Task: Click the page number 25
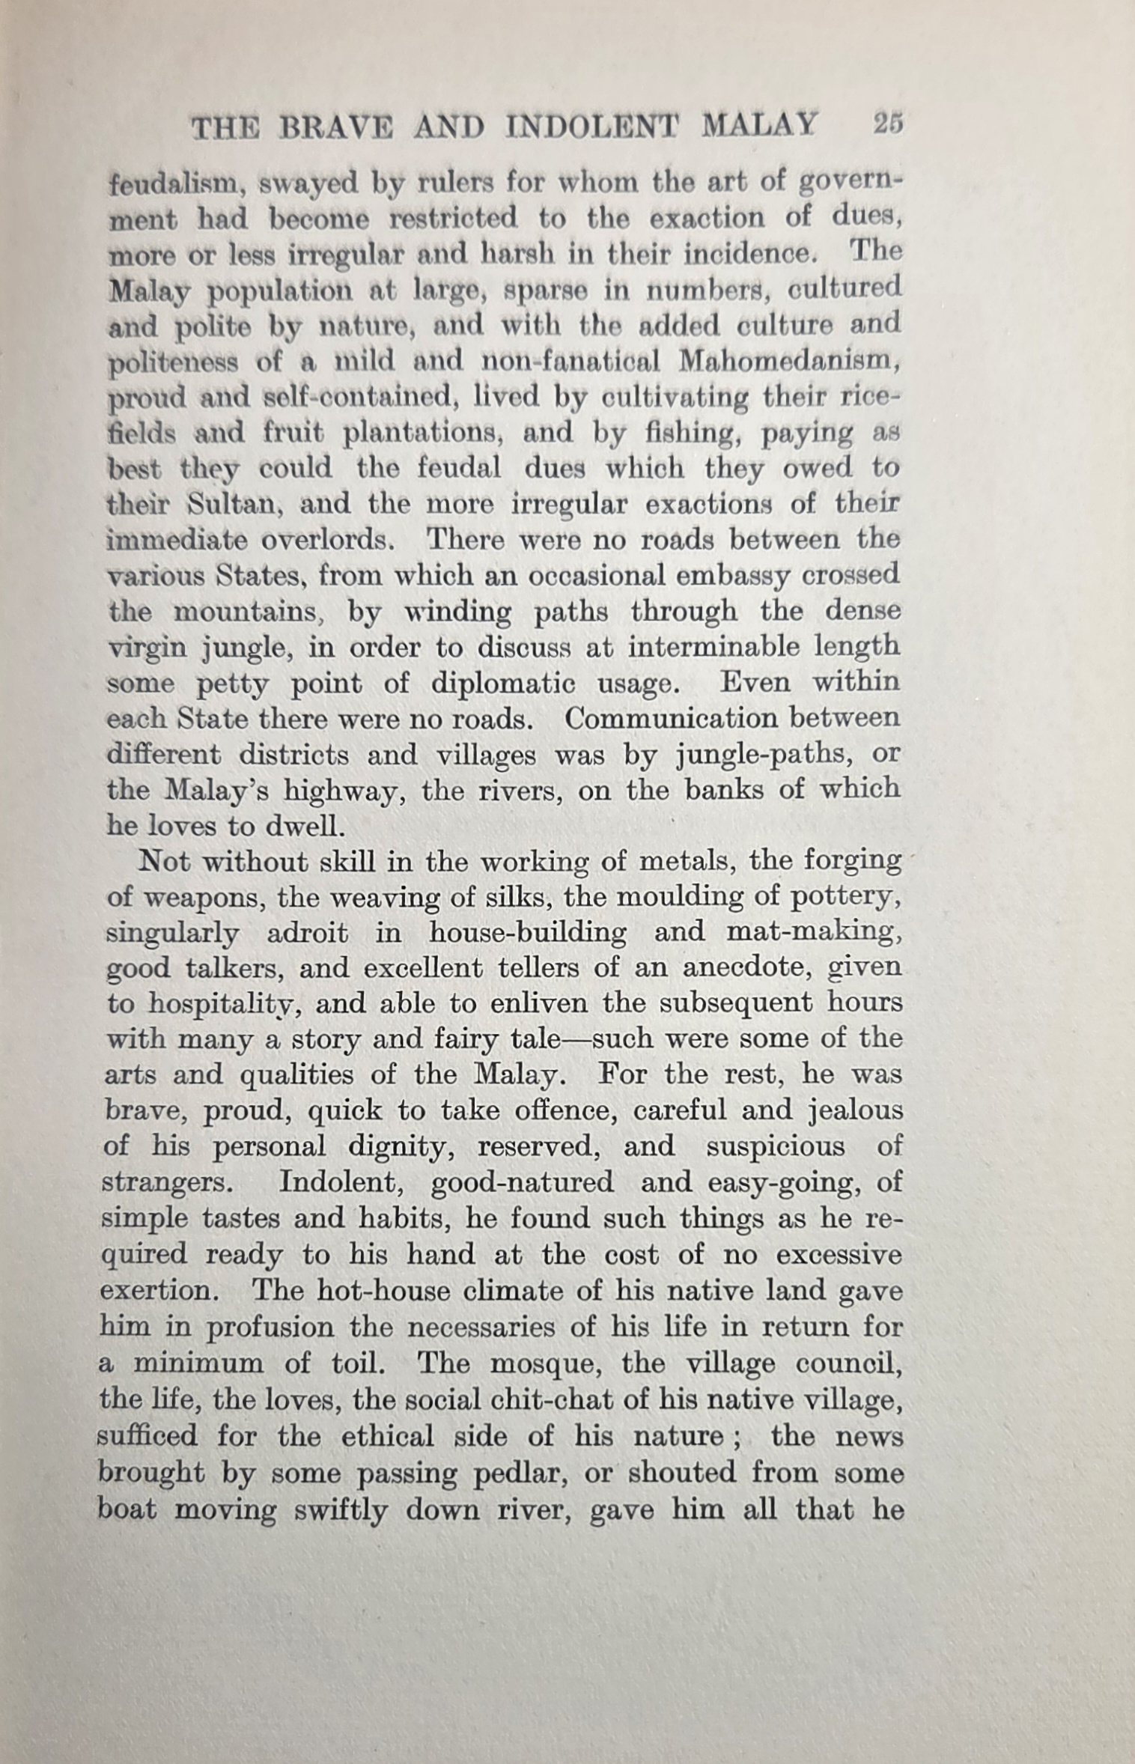888,123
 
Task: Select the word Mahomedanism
789,362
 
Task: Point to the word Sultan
234,504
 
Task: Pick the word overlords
327,540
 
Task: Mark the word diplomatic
503,684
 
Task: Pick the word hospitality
224,1005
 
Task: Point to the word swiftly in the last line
341,1509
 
